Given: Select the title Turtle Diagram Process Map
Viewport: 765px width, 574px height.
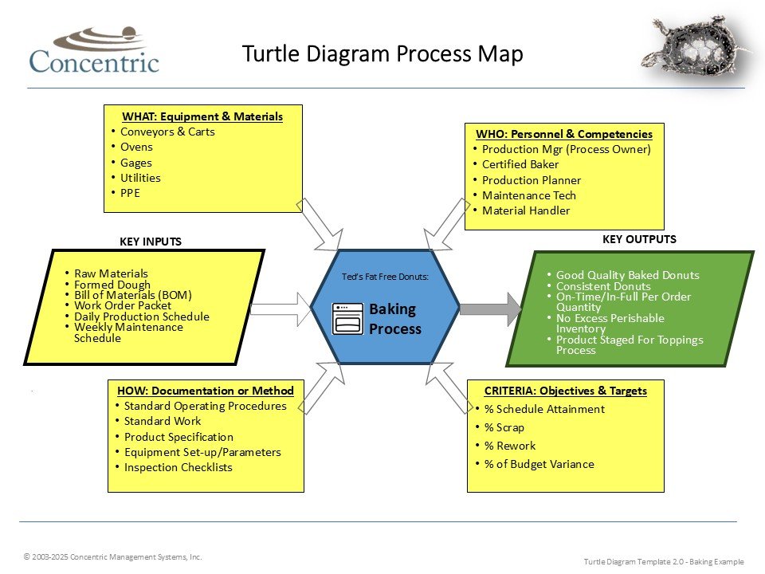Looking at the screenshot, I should coord(382,54).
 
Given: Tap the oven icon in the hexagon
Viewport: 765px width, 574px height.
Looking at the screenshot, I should coord(347,318).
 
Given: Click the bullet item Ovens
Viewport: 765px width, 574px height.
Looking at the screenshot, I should coord(136,147).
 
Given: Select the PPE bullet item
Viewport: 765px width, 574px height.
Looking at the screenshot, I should coord(130,193).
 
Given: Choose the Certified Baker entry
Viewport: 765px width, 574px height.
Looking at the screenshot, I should coord(520,164).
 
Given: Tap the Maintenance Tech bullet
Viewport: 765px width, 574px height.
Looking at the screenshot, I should coord(528,195).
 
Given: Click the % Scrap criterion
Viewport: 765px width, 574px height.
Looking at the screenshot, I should coord(504,427).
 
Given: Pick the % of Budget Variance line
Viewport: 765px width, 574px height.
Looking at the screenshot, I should coord(539,464).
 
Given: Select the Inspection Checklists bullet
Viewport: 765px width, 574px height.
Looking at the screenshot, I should coord(178,467).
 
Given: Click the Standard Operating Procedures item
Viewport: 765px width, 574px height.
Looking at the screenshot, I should coord(205,406).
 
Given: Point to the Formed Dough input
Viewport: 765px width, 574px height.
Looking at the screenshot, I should coord(112,284).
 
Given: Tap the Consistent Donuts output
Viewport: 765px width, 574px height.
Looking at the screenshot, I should coord(603,286).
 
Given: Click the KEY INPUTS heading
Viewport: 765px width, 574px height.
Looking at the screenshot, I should coord(151,242).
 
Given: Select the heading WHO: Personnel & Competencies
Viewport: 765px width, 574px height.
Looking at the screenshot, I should coord(564,134).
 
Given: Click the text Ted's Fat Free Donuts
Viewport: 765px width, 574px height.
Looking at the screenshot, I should coord(385,277).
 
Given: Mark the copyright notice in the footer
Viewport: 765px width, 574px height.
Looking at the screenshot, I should coord(112,556).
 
